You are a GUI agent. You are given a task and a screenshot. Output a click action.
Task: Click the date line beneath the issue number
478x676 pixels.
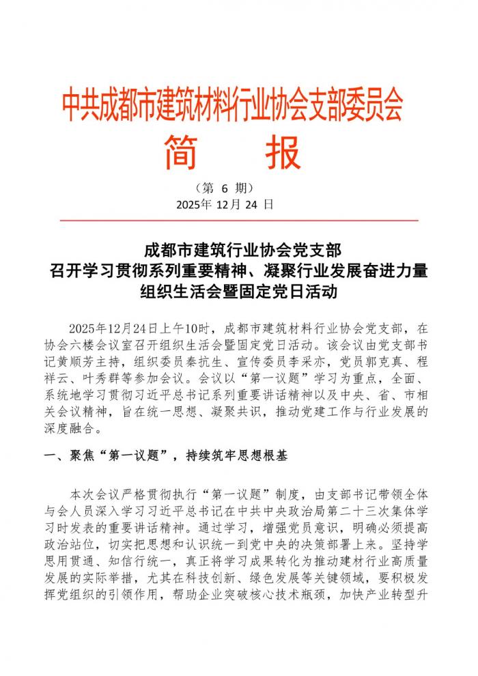pyautogui.click(x=225, y=204)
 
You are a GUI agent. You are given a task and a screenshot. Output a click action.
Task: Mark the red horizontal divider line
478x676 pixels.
pyautogui.click(x=239, y=221)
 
